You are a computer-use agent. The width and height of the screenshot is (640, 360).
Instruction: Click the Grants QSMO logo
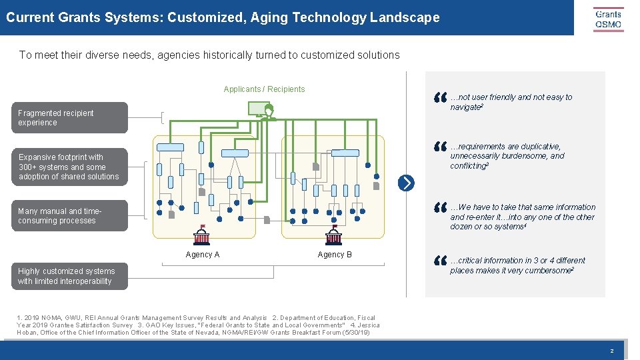coord(608,19)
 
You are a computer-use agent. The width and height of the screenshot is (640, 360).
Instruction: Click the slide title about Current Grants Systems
coord(223,17)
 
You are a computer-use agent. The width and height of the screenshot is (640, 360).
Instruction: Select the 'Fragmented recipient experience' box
coord(72,118)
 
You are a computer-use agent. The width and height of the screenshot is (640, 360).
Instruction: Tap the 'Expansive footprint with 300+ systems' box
coord(72,167)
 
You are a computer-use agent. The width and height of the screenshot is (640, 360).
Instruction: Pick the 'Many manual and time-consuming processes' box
coord(72,216)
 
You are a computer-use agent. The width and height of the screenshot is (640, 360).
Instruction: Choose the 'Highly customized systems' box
coord(72,276)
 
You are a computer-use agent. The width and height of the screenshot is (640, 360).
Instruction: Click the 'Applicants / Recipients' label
coord(264,89)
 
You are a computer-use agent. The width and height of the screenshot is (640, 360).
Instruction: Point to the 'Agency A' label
coord(203,255)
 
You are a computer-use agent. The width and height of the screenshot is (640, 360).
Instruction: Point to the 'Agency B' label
coord(335,255)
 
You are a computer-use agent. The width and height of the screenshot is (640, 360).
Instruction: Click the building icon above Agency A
coord(201,235)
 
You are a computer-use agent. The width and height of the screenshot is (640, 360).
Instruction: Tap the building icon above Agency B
coord(334,235)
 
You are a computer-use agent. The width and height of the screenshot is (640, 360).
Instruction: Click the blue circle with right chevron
coord(406,183)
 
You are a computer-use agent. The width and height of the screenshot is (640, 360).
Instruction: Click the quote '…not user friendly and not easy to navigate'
coord(511,102)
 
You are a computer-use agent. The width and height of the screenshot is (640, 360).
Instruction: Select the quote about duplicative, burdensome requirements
coord(507,156)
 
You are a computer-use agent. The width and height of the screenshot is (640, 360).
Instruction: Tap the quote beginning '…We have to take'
coord(522,217)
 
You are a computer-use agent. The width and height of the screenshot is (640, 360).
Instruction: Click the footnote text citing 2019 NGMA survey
coord(197,325)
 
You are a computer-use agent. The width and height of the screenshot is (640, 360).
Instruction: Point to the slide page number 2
coord(611,351)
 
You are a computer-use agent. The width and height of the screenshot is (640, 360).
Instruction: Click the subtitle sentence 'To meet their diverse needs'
coord(209,55)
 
